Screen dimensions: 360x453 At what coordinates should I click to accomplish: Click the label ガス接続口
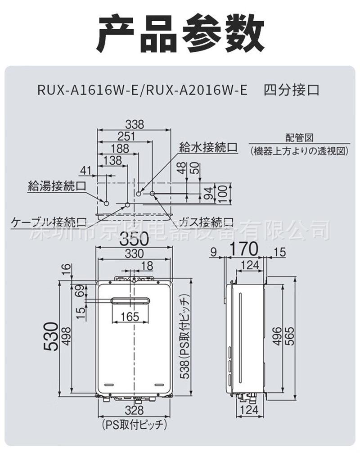pyautogui.click(x=207, y=222)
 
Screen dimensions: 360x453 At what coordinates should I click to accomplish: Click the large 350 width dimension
pyautogui.click(x=134, y=241)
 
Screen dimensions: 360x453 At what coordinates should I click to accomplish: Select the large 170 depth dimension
pyautogui.click(x=244, y=249)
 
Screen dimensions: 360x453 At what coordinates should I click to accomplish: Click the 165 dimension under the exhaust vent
pyautogui.click(x=130, y=317)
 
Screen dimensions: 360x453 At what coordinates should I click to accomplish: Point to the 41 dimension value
pyautogui.click(x=85, y=170)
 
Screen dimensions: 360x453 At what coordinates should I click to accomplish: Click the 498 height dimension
pyautogui.click(x=66, y=336)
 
